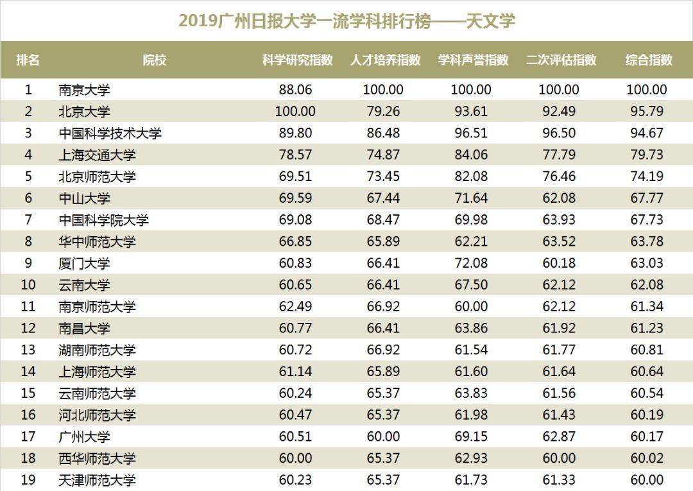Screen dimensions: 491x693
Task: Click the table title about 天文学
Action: tap(346, 21)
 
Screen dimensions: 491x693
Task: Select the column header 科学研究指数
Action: tap(297, 60)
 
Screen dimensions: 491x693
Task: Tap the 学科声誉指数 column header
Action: tap(473, 60)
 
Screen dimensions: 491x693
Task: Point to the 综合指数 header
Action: tap(649, 60)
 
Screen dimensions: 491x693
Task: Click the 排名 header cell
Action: tap(28, 60)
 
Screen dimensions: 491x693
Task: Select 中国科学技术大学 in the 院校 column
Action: tap(110, 134)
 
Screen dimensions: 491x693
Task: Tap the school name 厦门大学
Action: tap(85, 263)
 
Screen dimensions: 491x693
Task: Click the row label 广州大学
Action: tap(85, 436)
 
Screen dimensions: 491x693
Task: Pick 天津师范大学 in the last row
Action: tap(97, 480)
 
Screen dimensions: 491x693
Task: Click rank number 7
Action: tap(28, 220)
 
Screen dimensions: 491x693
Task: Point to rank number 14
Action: tap(28, 372)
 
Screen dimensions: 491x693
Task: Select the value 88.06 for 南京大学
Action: tap(295, 90)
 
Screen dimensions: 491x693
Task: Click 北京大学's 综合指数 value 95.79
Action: tap(647, 111)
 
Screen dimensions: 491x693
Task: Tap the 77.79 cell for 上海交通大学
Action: tap(559, 155)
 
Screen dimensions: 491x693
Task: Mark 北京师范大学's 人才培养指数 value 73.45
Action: tap(383, 177)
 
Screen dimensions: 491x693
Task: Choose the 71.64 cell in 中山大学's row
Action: tap(471, 198)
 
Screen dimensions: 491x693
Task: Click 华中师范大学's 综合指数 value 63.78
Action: tap(647, 241)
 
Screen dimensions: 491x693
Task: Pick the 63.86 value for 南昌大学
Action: tap(471, 328)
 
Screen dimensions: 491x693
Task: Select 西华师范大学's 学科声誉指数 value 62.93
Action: tap(471, 458)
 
